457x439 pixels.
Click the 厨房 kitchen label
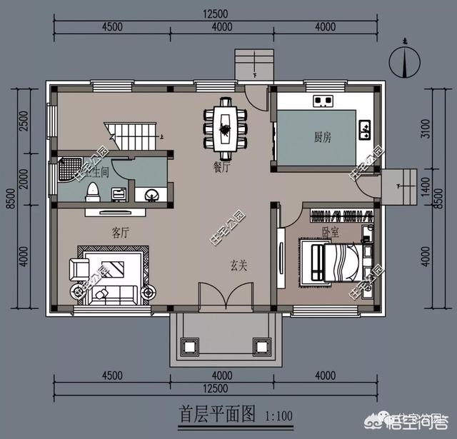pyautogui.click(x=323, y=136)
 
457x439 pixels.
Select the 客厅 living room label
pyautogui.click(x=120, y=232)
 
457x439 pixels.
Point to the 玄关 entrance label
pyautogui.click(x=238, y=265)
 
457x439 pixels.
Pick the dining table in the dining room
pyautogui.click(x=225, y=131)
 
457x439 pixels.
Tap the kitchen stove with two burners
pyautogui.click(x=323, y=101)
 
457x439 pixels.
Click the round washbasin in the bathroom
pyautogui.click(x=152, y=193)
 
